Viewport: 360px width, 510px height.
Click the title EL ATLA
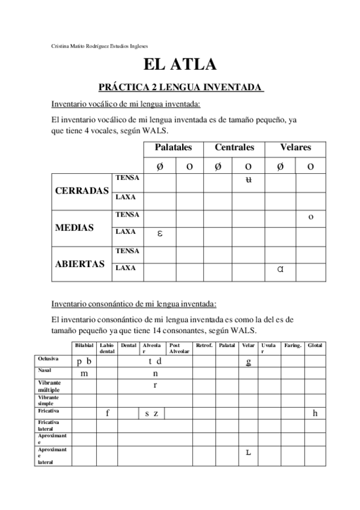tap(180, 65)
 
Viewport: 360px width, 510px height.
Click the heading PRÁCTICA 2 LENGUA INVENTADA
tap(180, 87)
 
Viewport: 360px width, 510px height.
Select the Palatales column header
tap(174, 147)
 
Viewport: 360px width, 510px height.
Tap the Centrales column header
tap(234, 147)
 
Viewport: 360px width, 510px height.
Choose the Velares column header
tap(296, 147)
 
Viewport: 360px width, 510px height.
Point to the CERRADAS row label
tap(82, 191)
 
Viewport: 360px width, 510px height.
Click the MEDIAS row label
tap(74, 228)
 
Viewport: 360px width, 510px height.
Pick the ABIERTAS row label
tap(80, 264)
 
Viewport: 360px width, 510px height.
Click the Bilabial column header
tap(84, 345)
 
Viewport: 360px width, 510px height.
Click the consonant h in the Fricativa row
tap(315, 413)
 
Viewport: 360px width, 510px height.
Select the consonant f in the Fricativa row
tap(107, 413)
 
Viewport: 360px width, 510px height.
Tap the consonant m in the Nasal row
tap(84, 373)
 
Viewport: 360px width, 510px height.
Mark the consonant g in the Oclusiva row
tap(248, 362)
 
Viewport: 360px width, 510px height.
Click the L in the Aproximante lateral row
tap(248, 452)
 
